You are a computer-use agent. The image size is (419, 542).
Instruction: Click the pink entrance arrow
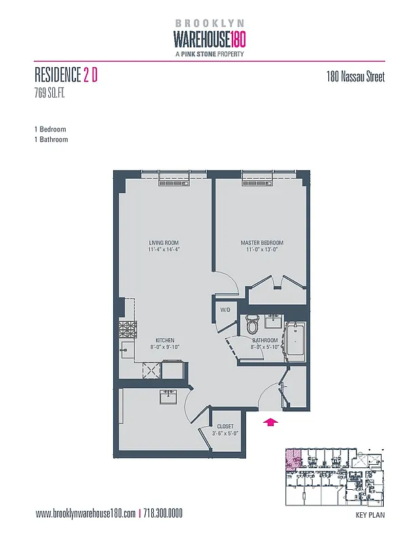point(270,422)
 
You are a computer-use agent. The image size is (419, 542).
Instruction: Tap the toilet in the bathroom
point(252,321)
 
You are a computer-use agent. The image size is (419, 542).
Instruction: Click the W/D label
point(225,310)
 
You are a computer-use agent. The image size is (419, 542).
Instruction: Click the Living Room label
point(164,243)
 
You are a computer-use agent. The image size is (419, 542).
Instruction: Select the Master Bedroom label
point(262,243)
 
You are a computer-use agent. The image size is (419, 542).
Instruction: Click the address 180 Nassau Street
point(355,77)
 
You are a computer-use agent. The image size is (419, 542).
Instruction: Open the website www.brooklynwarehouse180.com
point(85,514)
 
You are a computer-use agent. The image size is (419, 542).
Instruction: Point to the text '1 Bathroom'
point(51,140)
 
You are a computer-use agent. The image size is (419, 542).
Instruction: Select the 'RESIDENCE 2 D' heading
point(66,76)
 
